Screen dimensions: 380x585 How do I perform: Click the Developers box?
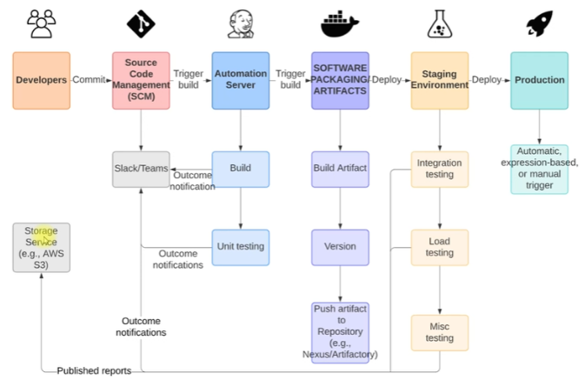[x=41, y=80]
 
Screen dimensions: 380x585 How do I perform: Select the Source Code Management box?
[x=141, y=80]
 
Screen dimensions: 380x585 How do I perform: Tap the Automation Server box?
[x=241, y=80]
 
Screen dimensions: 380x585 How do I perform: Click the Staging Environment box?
[x=440, y=80]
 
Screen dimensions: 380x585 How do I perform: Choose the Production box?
[x=539, y=80]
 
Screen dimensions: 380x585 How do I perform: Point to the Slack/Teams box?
[x=141, y=169]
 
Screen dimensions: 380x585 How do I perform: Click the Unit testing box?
[x=241, y=247]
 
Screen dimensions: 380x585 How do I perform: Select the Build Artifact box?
[x=340, y=169]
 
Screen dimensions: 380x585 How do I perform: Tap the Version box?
[x=340, y=247]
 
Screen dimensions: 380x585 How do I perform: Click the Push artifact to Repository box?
[x=340, y=331]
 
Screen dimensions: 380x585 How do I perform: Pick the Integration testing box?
[x=440, y=169]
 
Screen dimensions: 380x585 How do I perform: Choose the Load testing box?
[x=440, y=247]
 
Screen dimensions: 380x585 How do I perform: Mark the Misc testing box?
[x=440, y=332]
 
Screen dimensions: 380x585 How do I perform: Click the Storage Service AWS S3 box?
[x=41, y=247]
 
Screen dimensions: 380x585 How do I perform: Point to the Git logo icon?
[x=141, y=23]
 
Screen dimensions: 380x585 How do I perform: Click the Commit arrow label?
[x=90, y=80]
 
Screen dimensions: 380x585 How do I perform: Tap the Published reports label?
[x=94, y=371]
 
